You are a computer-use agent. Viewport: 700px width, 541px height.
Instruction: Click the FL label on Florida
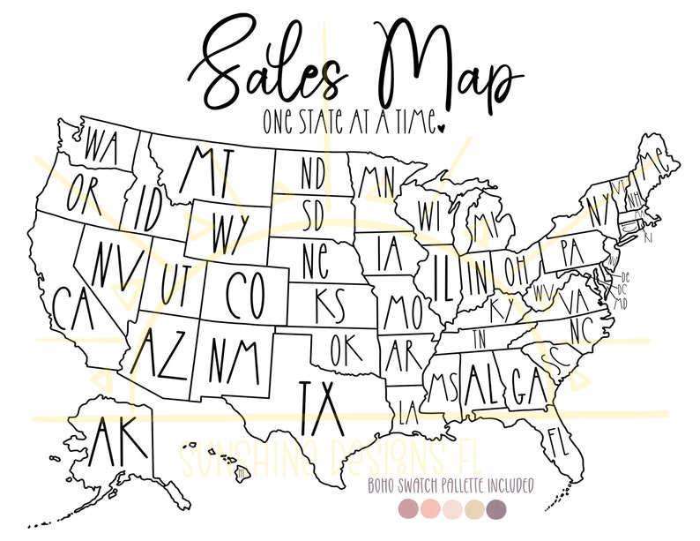(x=555, y=438)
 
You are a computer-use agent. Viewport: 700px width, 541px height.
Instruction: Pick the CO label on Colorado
(x=246, y=294)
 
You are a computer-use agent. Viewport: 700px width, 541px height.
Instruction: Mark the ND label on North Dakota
(x=312, y=173)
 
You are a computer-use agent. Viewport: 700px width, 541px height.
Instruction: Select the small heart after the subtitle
(x=442, y=127)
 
